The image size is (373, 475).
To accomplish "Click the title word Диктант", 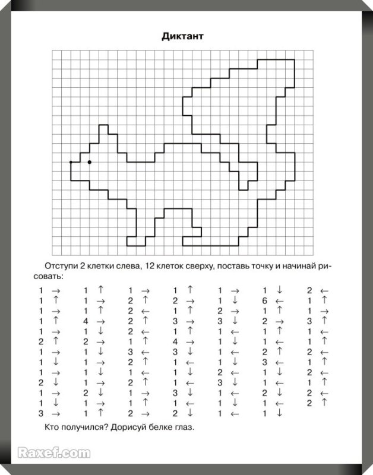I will (182, 36).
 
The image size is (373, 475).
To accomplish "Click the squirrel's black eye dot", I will (90, 161).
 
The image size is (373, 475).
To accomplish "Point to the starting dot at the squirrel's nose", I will (71, 161).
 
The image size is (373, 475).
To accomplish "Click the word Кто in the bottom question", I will (52, 427).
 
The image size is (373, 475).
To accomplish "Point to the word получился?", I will (87, 427).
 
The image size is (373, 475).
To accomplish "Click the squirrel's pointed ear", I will (103, 129).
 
